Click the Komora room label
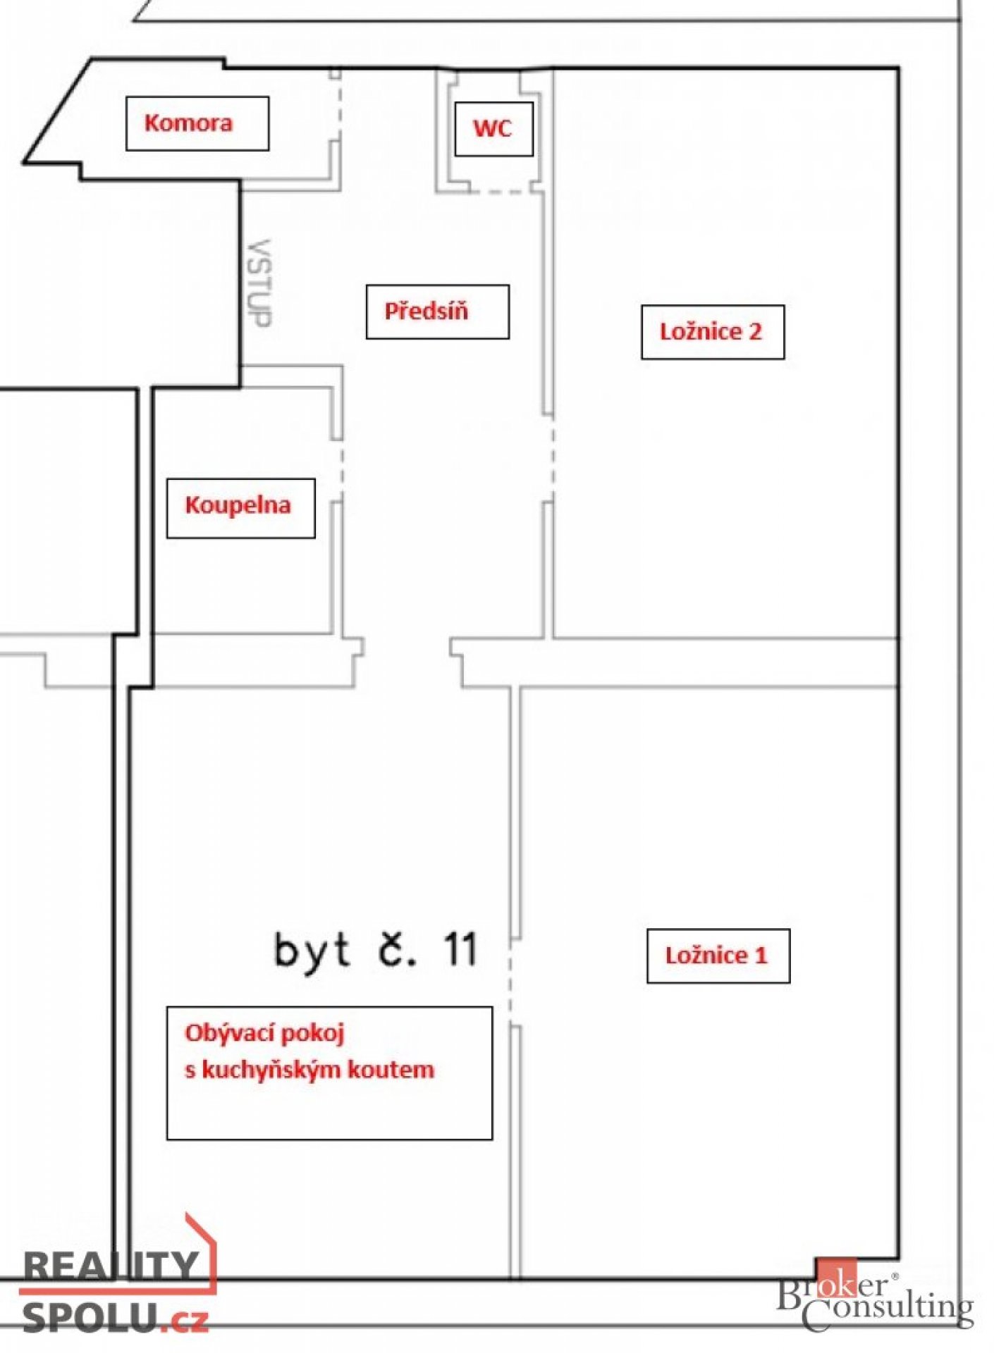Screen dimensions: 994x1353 [188, 123]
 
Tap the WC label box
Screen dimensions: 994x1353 [493, 128]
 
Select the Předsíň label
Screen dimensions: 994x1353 [426, 311]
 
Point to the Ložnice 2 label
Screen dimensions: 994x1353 [711, 331]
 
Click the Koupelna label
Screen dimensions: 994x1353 [238, 505]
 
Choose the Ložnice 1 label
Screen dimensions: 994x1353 [716, 955]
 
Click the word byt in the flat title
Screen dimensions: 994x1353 [312, 951]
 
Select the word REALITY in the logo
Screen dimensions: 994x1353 [111, 1266]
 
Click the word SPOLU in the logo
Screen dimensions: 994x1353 [90, 1316]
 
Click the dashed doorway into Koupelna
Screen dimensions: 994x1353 [343, 469]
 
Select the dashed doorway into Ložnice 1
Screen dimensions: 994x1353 [510, 982]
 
